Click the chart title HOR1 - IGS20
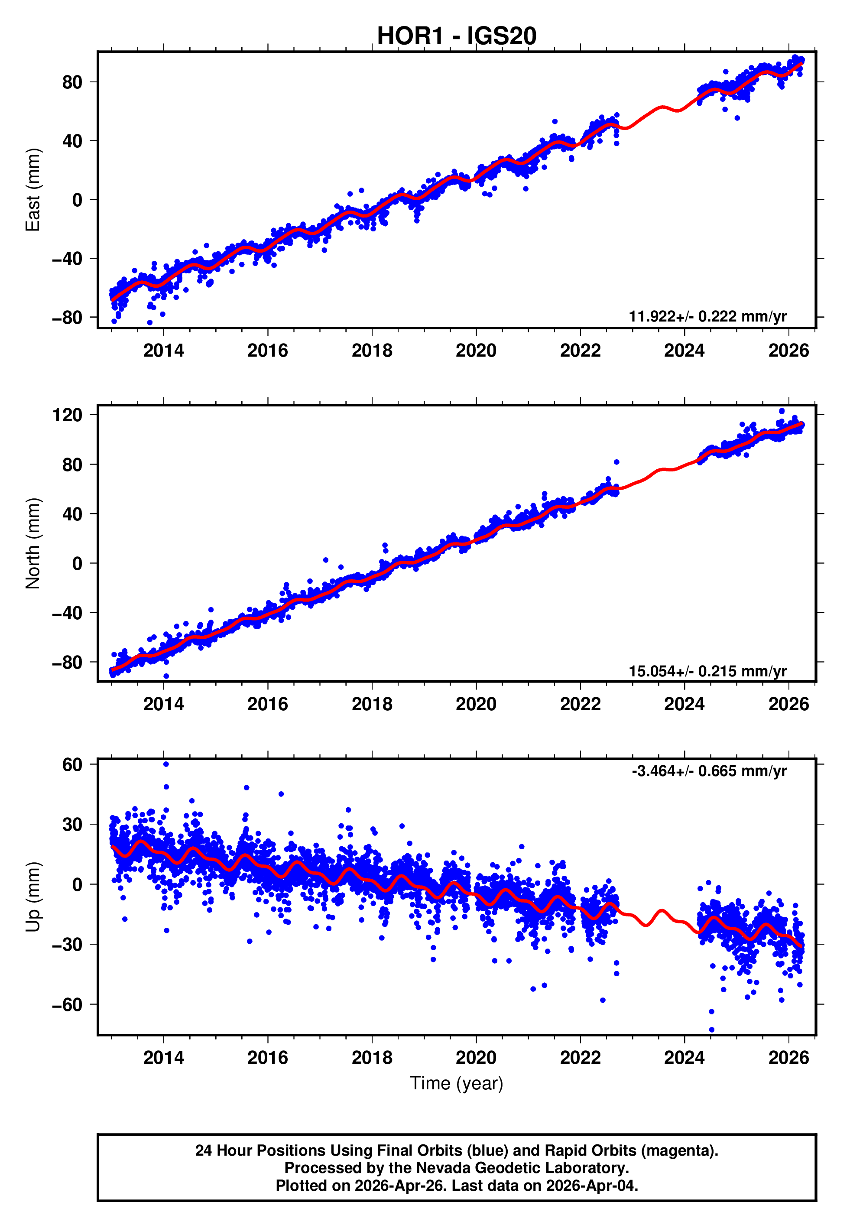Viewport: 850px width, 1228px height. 457,36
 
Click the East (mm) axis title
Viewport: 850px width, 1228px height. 33,190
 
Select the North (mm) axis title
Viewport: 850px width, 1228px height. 33,543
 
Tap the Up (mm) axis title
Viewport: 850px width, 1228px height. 33,897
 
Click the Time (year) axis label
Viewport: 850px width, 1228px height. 457,1083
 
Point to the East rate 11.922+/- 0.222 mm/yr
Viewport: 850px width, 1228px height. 707,316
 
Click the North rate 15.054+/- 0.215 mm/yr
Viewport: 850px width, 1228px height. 707,671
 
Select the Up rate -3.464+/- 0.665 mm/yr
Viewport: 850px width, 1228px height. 709,771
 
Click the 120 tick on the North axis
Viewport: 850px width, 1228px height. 67,415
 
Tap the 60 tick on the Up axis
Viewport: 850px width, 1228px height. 72,765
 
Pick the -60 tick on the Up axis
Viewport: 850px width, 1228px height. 67,1004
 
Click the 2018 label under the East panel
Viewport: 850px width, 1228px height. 372,351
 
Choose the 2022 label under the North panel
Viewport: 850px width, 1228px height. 580,704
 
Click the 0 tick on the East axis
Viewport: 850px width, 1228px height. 77,200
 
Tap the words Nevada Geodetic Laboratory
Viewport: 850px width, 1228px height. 522,1168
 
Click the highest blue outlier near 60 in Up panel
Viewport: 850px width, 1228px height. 166,764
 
